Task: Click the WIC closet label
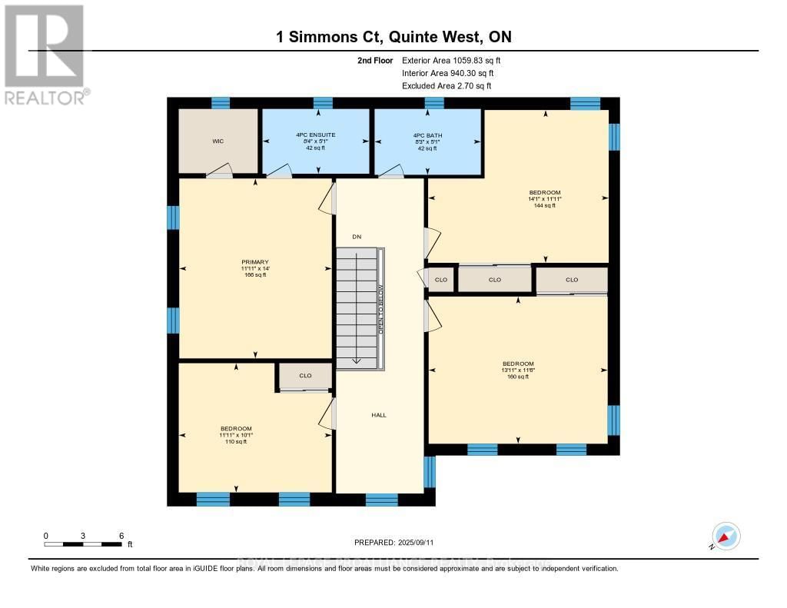218,141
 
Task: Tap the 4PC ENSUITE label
315,135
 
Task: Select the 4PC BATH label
427,135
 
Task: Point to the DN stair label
357,237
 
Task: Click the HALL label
379,415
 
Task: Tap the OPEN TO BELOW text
380,309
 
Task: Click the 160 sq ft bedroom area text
518,377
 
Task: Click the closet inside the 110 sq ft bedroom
305,377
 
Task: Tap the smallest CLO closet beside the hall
441,280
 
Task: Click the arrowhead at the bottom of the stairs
357,360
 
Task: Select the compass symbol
726,536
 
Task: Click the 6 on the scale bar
121,535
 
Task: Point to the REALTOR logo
45,54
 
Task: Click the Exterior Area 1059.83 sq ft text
453,60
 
